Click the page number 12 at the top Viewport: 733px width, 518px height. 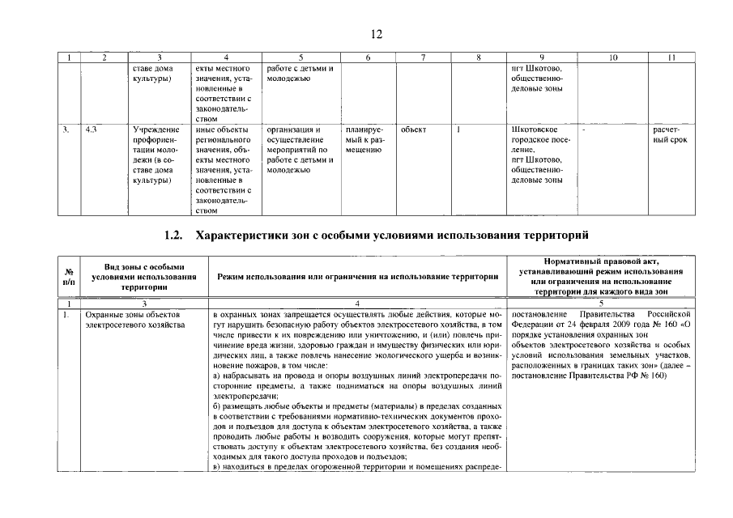[x=376, y=34]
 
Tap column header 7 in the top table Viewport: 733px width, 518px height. [x=423, y=57]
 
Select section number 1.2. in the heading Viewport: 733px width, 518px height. [x=175, y=236]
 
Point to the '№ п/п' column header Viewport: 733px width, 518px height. [x=70, y=276]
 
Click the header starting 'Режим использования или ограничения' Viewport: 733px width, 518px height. [x=357, y=276]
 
